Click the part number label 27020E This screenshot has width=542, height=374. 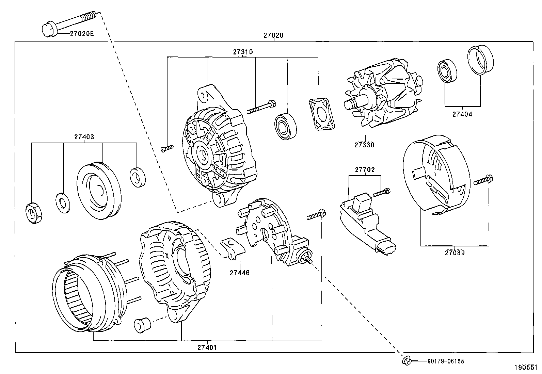click(x=82, y=33)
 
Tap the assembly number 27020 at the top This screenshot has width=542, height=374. click(x=273, y=35)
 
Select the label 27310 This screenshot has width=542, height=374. click(x=243, y=52)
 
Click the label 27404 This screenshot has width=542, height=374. click(x=462, y=114)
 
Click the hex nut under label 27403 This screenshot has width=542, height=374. click(x=34, y=213)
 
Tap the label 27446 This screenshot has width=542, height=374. click(x=239, y=273)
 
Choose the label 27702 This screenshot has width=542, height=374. click(x=365, y=169)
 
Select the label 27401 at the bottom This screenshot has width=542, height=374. click(x=207, y=348)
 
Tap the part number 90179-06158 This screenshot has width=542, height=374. click(x=445, y=361)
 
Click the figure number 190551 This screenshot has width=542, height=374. click(x=527, y=368)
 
